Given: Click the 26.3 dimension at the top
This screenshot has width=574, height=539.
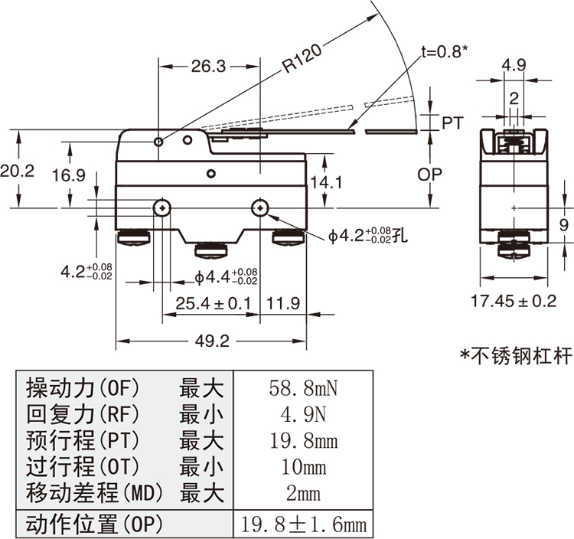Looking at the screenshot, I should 208,67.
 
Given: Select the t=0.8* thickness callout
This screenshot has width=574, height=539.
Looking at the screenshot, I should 445,51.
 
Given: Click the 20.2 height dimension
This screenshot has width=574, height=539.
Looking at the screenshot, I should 17,171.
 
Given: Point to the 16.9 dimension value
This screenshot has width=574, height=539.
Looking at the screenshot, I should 68,175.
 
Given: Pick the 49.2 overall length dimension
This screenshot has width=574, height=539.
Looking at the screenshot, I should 211,341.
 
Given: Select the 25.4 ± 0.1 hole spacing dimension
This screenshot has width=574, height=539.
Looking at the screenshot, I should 214,303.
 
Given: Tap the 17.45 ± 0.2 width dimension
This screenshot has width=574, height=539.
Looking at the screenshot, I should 513,301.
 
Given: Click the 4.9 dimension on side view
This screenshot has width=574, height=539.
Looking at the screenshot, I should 514,66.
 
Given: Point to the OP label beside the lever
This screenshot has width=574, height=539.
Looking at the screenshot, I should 429,175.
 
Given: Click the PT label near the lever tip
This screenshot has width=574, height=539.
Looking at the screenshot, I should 452,122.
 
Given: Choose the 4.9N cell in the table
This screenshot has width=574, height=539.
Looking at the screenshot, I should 303,415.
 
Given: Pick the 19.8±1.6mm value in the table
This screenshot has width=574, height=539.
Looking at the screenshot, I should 303,524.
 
